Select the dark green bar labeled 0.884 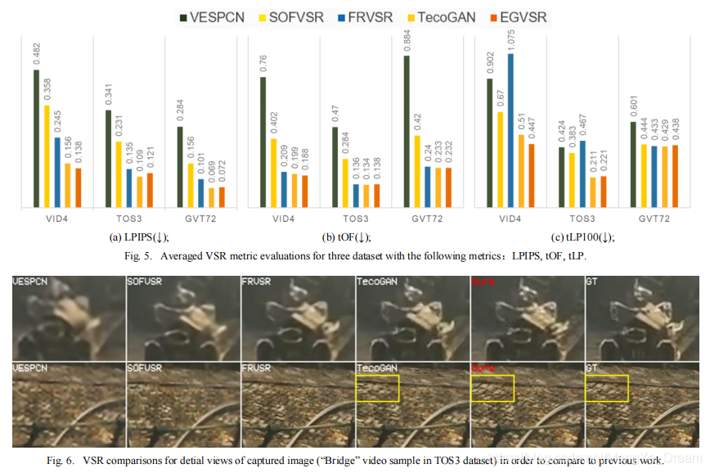click(x=407, y=132)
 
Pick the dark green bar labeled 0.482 click(x=37, y=138)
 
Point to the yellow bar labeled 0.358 click(x=47, y=156)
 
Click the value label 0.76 click(x=264, y=63)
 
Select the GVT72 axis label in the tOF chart click(x=427, y=218)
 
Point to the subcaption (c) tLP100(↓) click(x=582, y=237)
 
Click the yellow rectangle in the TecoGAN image click(x=377, y=388)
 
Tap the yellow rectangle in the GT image click(x=607, y=388)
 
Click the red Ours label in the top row click(x=482, y=282)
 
